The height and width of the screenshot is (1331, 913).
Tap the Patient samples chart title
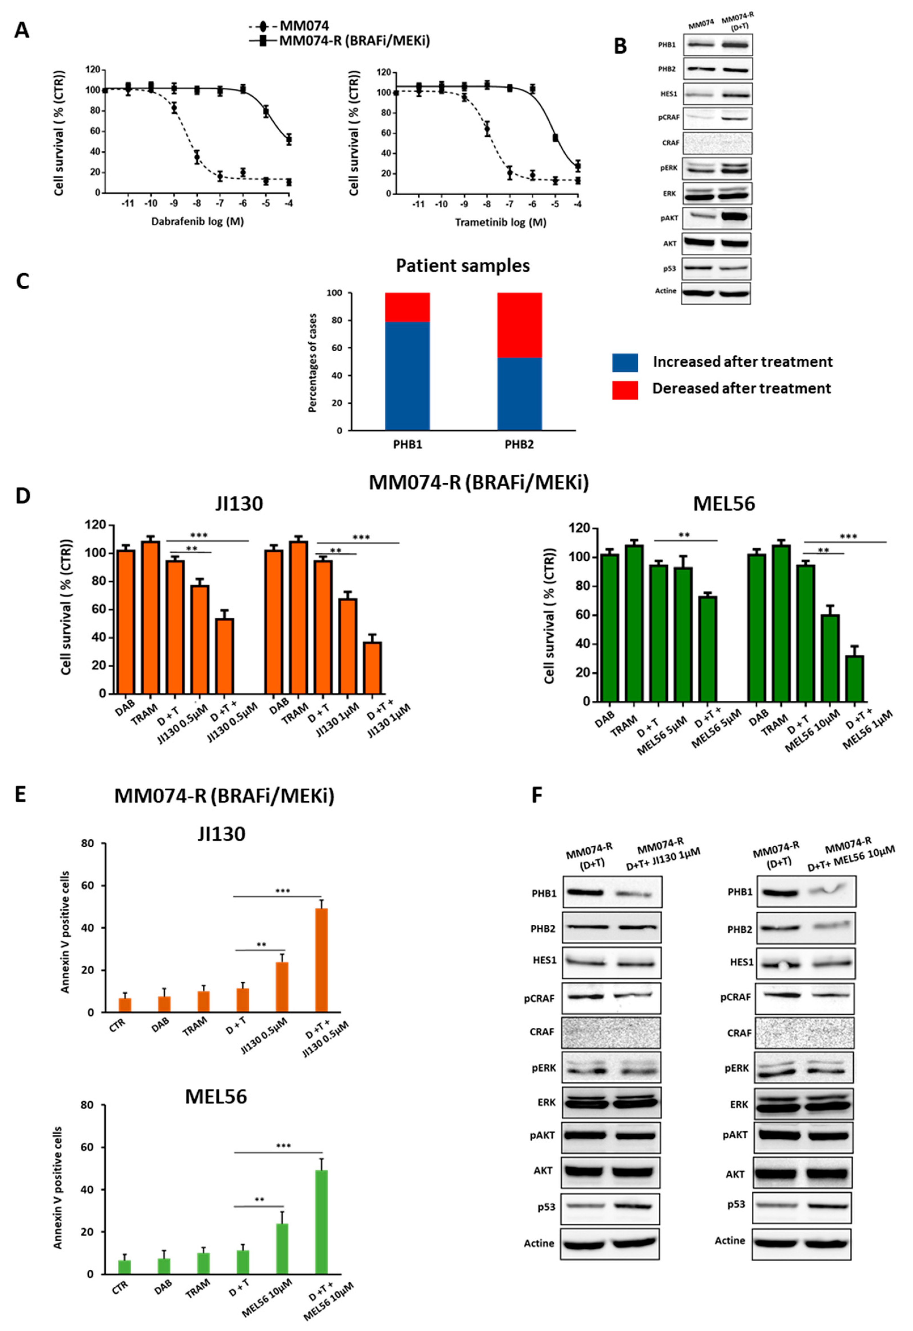(x=463, y=266)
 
